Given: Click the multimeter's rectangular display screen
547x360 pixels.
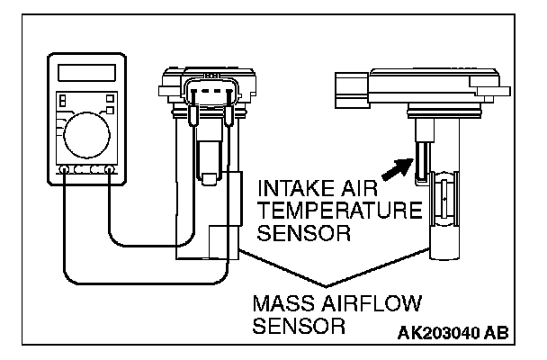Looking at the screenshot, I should tap(89, 72).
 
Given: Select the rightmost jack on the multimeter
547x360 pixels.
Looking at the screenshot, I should tap(110, 169).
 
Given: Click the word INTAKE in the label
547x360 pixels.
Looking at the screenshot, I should tap(288, 191).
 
